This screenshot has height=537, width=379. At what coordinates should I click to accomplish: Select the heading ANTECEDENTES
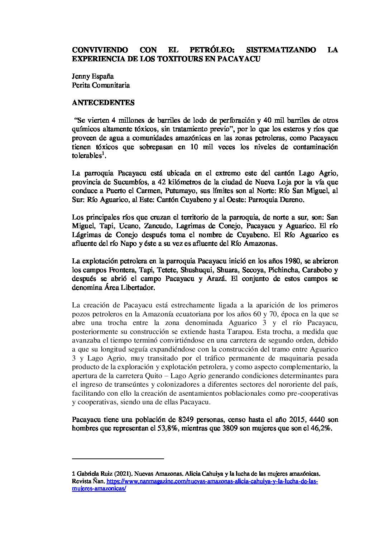103,103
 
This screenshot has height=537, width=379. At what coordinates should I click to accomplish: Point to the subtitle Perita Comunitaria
101,85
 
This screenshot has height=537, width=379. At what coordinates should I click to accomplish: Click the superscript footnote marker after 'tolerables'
103,154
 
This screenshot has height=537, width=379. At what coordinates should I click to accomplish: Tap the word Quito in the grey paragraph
168,376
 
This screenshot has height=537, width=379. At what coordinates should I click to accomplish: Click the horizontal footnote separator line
118,458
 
